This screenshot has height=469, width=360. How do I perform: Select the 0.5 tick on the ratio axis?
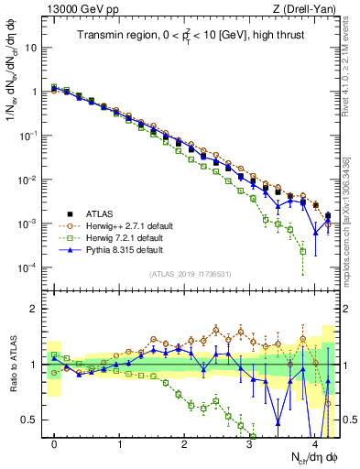click(x=32, y=420)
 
